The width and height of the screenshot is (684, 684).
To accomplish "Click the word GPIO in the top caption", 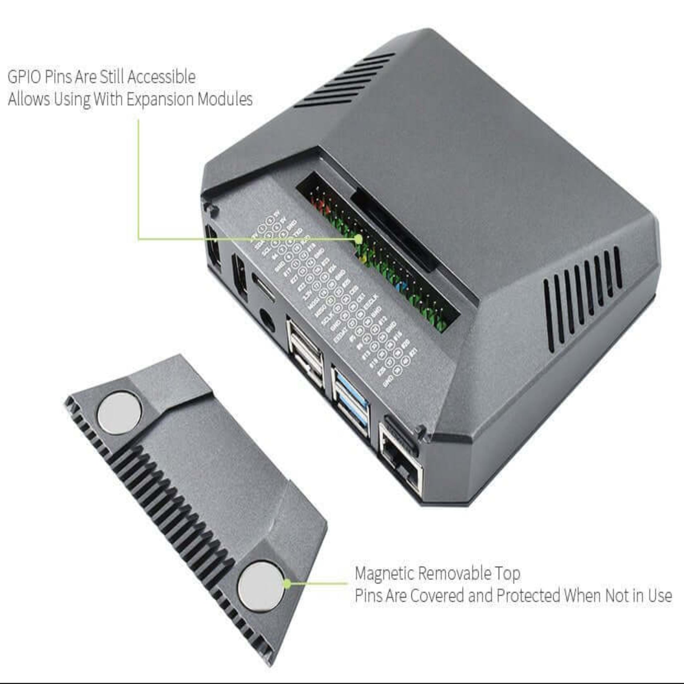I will click(x=24, y=77).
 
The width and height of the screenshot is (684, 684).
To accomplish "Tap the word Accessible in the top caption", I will click(x=161, y=77).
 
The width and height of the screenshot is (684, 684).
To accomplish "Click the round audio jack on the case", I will click(x=267, y=320).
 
